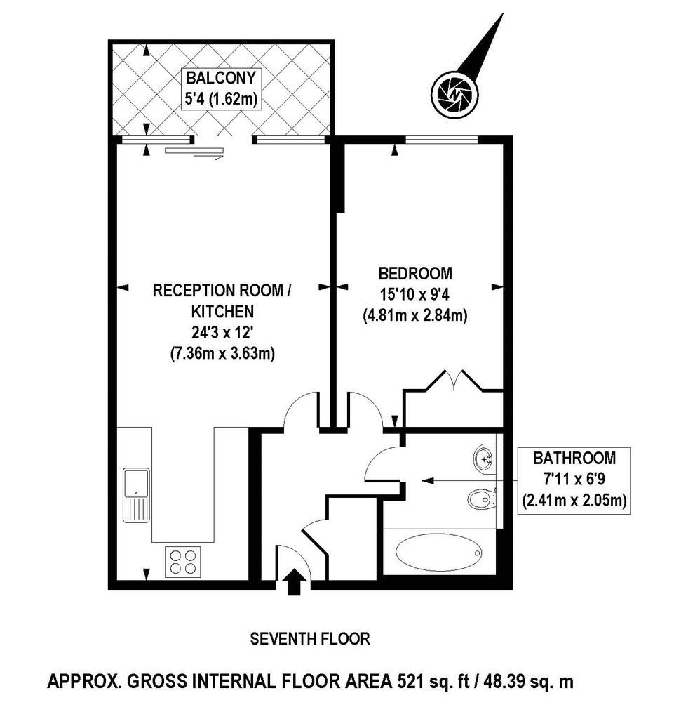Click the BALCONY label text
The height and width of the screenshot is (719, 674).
pos(221,78)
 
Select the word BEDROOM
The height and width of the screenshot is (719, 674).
pos(415,273)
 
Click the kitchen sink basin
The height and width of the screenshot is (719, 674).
pos(136,482)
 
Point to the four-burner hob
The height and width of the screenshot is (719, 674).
pos(182,562)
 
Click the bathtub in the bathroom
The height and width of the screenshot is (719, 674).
pos(438,553)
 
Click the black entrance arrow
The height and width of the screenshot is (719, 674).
pos(293,582)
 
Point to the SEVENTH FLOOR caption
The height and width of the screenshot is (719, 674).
pos(310,639)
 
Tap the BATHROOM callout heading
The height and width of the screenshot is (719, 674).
pos(574,458)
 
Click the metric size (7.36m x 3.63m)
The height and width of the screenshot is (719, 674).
pos(222,354)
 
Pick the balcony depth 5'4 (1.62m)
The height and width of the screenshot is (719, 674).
pos(221,98)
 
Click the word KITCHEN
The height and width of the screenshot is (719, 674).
pos(222,312)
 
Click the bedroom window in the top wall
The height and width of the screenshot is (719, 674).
pos(441,138)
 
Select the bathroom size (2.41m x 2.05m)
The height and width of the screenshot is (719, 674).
pos(574,501)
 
